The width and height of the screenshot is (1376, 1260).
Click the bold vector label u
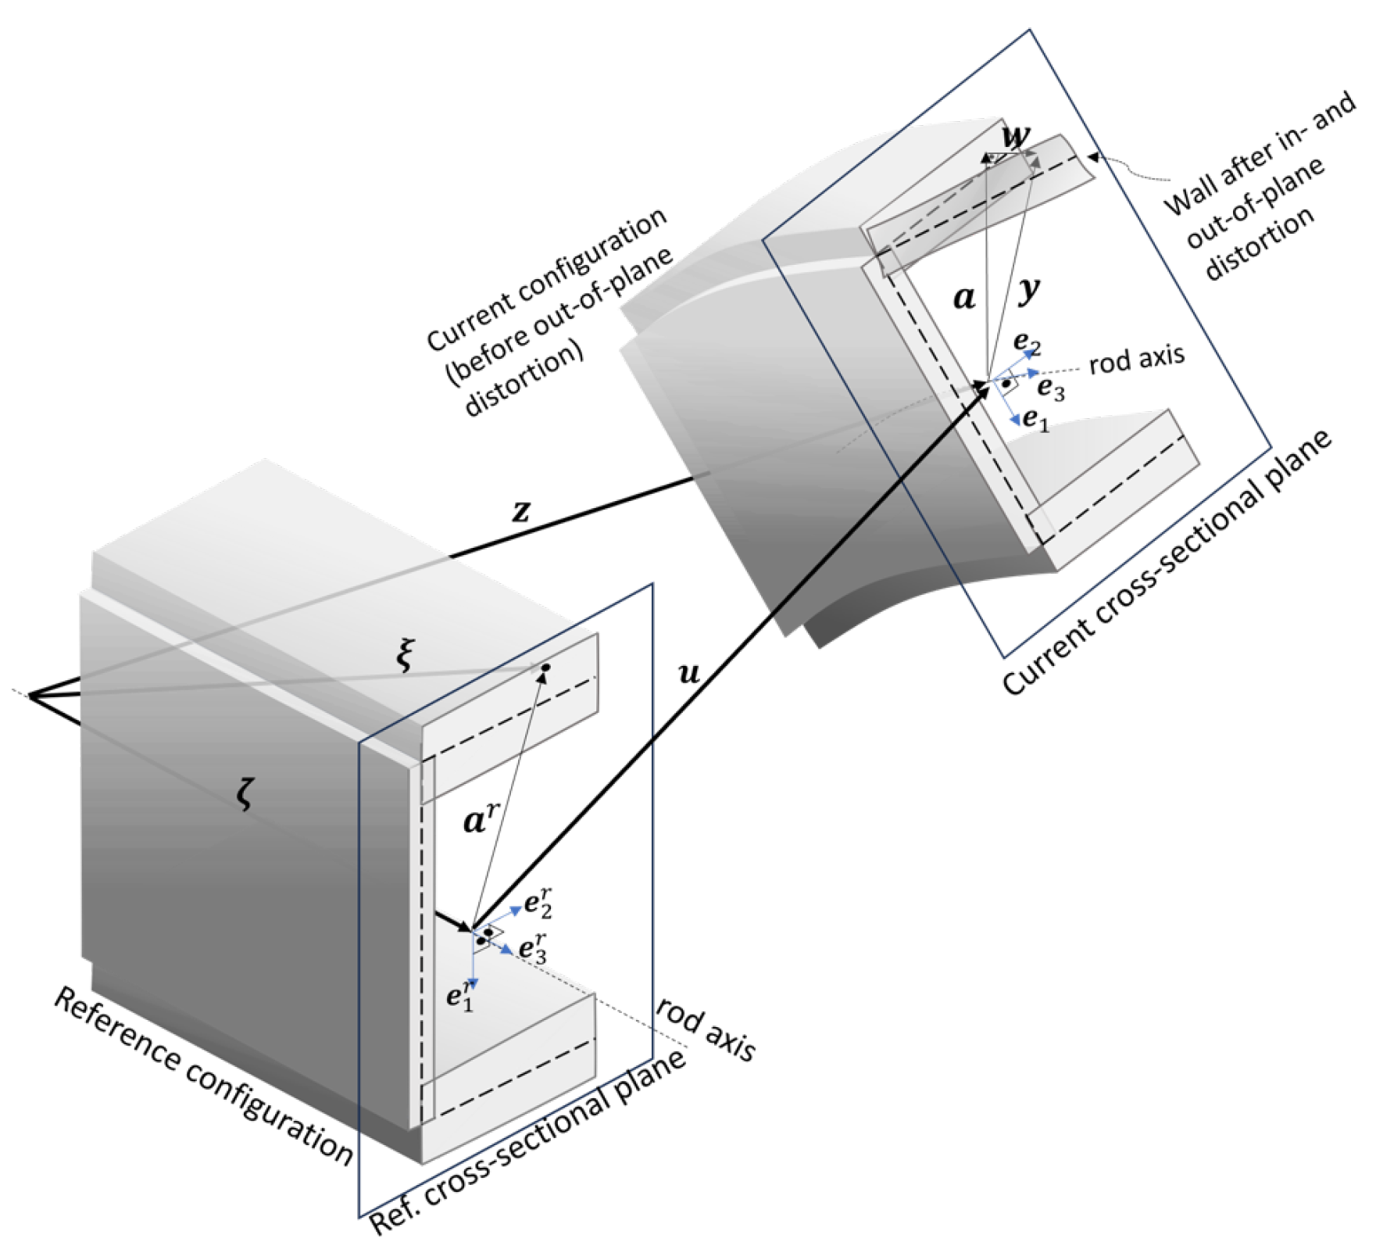tap(688, 672)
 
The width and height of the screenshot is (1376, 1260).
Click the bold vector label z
tap(521, 512)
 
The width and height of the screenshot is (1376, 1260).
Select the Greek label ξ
tap(404, 655)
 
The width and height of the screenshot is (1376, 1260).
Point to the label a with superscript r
tap(479, 818)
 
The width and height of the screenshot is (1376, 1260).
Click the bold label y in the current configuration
tap(1031, 290)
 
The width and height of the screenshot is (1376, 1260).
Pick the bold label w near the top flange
tap(1016, 137)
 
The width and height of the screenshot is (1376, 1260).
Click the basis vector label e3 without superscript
tap(1050, 388)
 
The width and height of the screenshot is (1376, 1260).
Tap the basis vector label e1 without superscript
tap(1035, 420)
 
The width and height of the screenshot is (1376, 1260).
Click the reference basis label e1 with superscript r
tap(460, 995)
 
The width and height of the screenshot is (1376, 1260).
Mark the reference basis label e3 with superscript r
tap(533, 948)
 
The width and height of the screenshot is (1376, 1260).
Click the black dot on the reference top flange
tap(545, 668)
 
